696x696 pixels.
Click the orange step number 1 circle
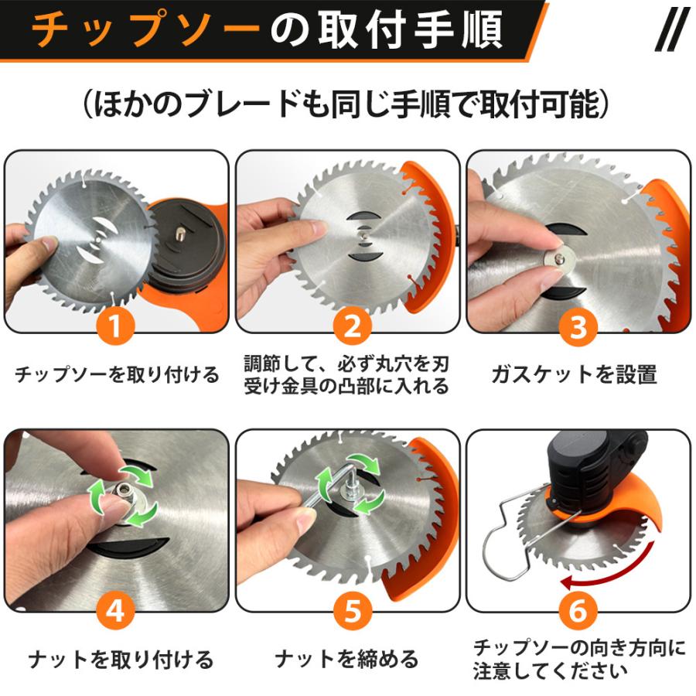tap(115, 326)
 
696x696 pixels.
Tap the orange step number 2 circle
tap(353, 326)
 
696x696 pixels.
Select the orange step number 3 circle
tap(578, 328)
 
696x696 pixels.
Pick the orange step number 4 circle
tap(115, 611)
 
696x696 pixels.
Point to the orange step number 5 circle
tap(353, 611)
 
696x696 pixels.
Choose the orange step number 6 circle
tap(578, 611)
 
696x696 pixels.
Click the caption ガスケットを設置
tap(574, 374)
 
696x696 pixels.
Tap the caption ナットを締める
tap(346, 659)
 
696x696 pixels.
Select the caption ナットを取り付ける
tap(121, 659)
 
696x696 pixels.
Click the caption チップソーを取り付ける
tap(118, 374)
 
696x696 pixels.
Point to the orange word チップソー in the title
tap(145, 29)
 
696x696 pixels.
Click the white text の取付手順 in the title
tap(387, 29)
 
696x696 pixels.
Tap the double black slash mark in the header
tap(672, 29)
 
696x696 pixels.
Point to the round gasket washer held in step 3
tap(558, 260)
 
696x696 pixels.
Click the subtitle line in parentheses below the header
tap(346, 104)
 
